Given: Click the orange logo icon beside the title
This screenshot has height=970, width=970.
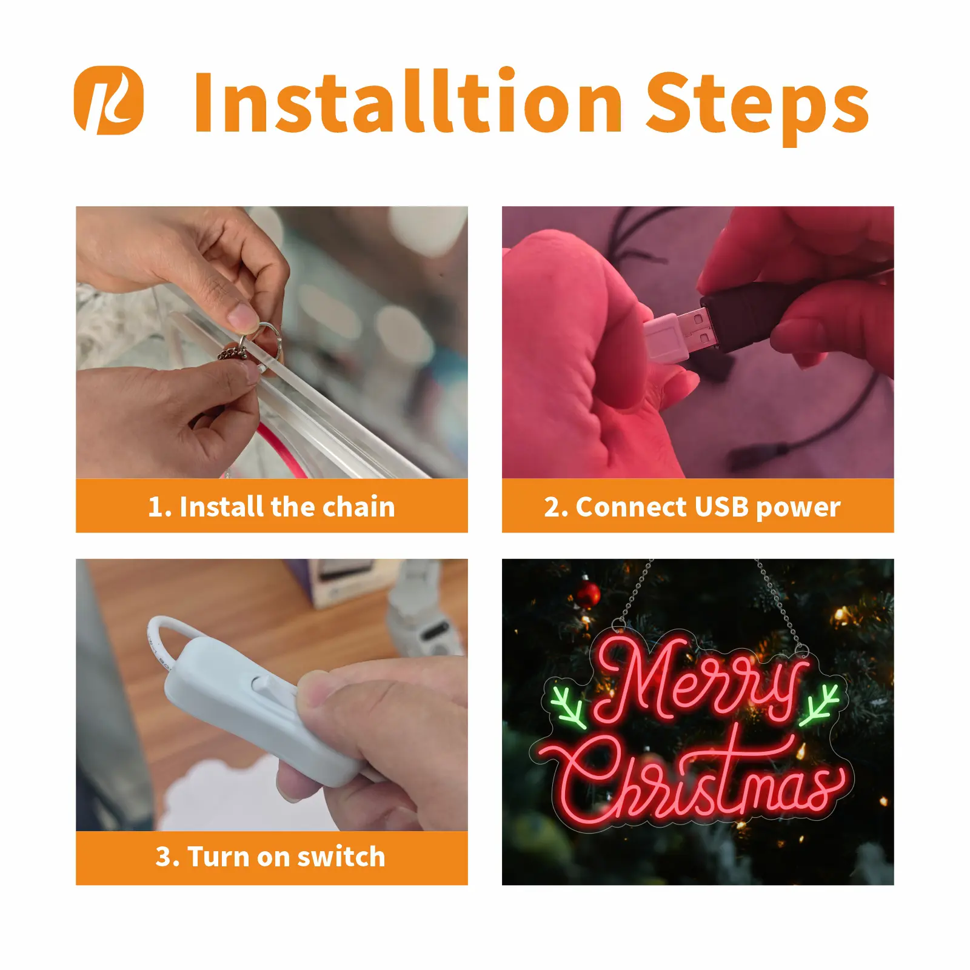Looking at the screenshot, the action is [109, 100].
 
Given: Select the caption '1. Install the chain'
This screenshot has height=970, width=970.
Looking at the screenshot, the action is [272, 506].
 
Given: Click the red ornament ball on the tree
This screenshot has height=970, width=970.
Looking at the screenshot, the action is [587, 595].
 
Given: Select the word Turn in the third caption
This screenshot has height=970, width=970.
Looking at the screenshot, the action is [219, 857].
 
